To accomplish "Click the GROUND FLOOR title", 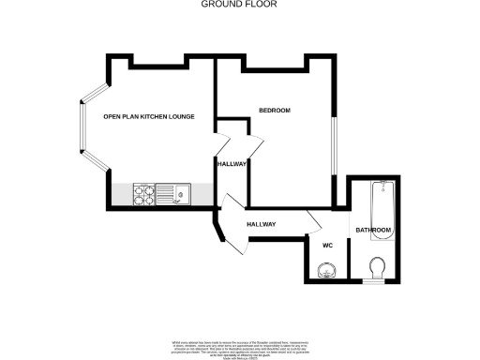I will pos(239,5).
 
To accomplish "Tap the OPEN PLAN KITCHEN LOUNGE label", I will pos(148,116).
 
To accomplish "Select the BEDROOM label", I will pos(275,112).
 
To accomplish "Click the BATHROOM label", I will pos(373,230).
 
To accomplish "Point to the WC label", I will pos(327,246).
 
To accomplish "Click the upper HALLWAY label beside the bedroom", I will pos(232,163).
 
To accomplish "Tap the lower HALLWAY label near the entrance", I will pos(261,225).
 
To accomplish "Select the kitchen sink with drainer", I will pos(173,195).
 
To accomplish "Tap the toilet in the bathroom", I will pos(378,268).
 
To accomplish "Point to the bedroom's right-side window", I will pos(333,145).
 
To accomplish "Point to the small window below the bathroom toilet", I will pos(375,283).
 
